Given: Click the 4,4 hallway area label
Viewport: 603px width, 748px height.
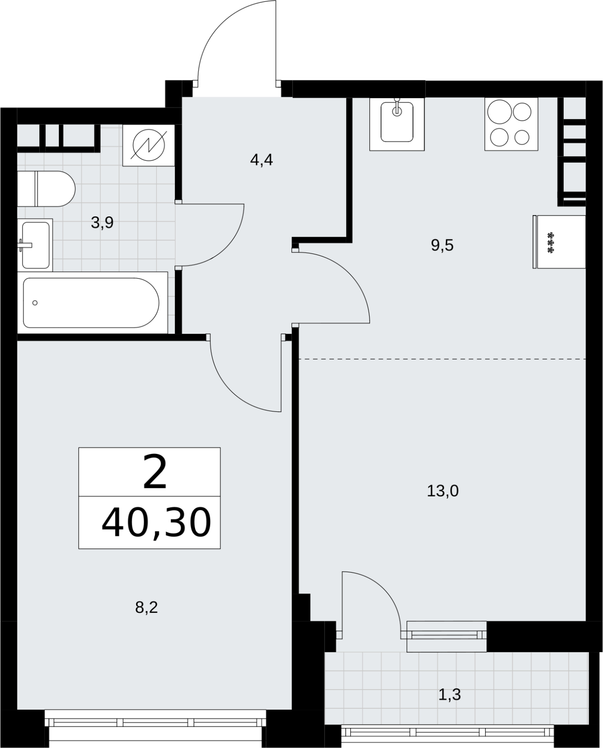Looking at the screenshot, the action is (x=262, y=160).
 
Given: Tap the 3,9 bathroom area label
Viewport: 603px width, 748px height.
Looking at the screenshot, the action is (x=102, y=223).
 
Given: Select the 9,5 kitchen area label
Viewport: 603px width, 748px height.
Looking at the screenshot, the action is (x=442, y=245).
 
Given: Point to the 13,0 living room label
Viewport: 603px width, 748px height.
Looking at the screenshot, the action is (x=443, y=491).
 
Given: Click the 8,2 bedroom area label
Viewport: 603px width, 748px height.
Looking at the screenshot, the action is (x=146, y=608).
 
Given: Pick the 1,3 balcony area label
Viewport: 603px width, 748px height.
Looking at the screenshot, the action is (x=450, y=695).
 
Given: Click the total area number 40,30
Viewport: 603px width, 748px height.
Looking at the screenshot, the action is (x=156, y=522).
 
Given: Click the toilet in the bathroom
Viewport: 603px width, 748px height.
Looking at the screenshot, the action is (x=46, y=189).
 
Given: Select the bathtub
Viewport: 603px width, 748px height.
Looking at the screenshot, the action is (x=92, y=303).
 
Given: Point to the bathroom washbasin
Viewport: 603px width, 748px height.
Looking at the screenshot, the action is (x=35, y=245).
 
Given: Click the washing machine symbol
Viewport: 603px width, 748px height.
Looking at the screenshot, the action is (x=149, y=146).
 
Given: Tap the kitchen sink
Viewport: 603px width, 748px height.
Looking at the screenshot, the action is (x=397, y=124).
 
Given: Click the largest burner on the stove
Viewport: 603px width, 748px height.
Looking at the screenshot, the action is (x=500, y=112).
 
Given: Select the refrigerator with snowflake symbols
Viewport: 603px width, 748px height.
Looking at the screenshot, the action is (x=559, y=242).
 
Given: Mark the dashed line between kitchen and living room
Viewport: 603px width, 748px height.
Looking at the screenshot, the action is (x=443, y=359).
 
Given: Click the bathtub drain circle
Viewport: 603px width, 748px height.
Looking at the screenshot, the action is (x=35, y=303).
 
